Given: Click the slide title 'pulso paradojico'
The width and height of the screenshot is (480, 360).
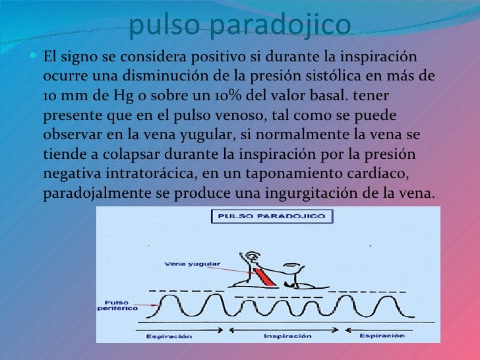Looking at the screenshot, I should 240,25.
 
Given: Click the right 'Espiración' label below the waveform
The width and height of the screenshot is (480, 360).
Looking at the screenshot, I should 382,336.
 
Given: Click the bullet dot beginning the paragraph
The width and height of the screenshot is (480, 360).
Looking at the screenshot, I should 35,56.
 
